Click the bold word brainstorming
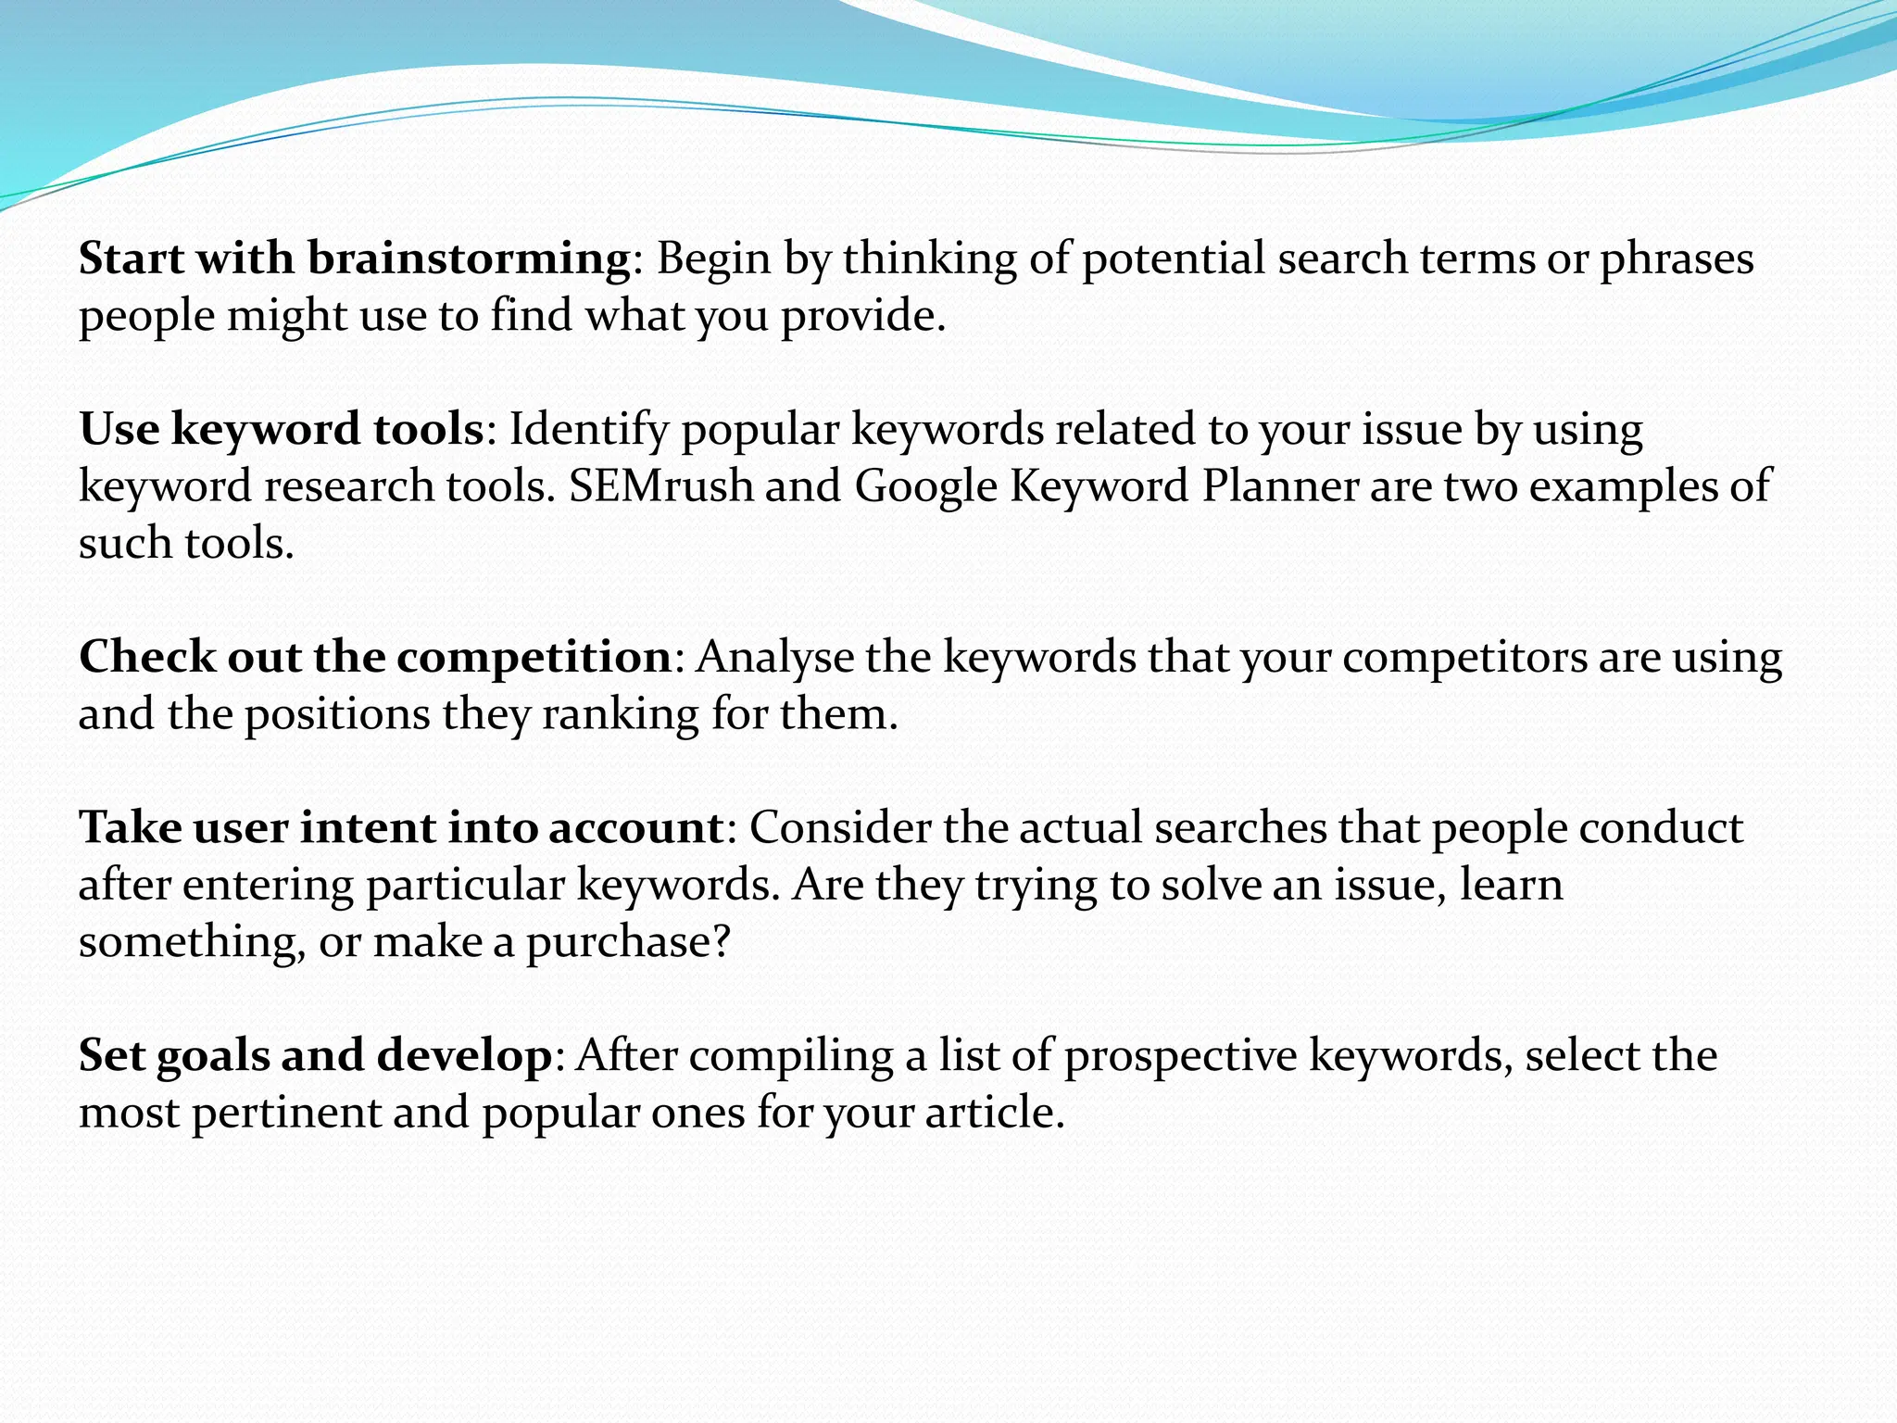click(470, 259)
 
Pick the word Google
click(925, 487)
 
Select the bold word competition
click(534, 658)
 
